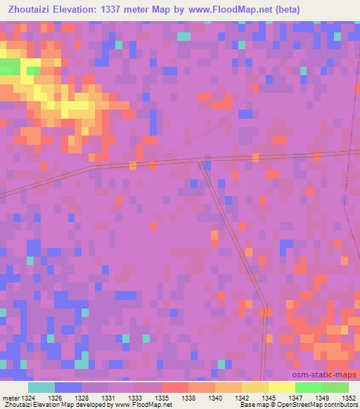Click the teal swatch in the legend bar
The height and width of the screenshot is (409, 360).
click(41, 387)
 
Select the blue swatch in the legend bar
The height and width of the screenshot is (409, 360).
click(68, 387)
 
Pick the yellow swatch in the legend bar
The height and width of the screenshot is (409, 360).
click(281, 387)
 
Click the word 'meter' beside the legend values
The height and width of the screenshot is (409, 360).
click(9, 398)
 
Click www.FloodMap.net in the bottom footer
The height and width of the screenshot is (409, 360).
click(144, 405)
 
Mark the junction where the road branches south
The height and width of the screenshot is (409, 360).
click(202, 163)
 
